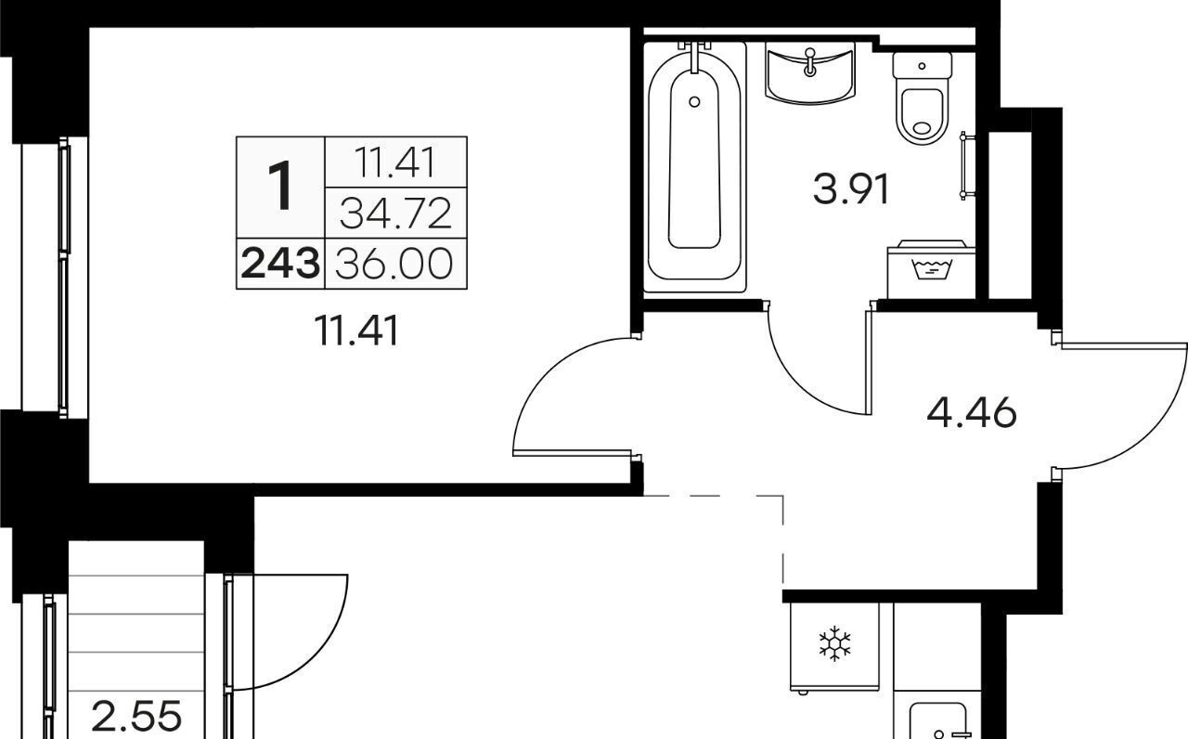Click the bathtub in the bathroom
point(695,167)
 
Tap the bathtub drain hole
point(694,102)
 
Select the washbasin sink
point(810,72)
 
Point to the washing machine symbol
point(931,269)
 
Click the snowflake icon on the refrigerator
point(834,643)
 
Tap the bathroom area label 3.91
point(851,190)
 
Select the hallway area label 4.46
point(972,413)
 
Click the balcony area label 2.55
point(136,716)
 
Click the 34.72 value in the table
point(395,213)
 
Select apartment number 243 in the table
point(280,264)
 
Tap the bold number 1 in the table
point(280,187)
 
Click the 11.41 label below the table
point(355,331)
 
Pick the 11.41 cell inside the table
point(395,162)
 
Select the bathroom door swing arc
point(801,383)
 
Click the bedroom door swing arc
point(551,374)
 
